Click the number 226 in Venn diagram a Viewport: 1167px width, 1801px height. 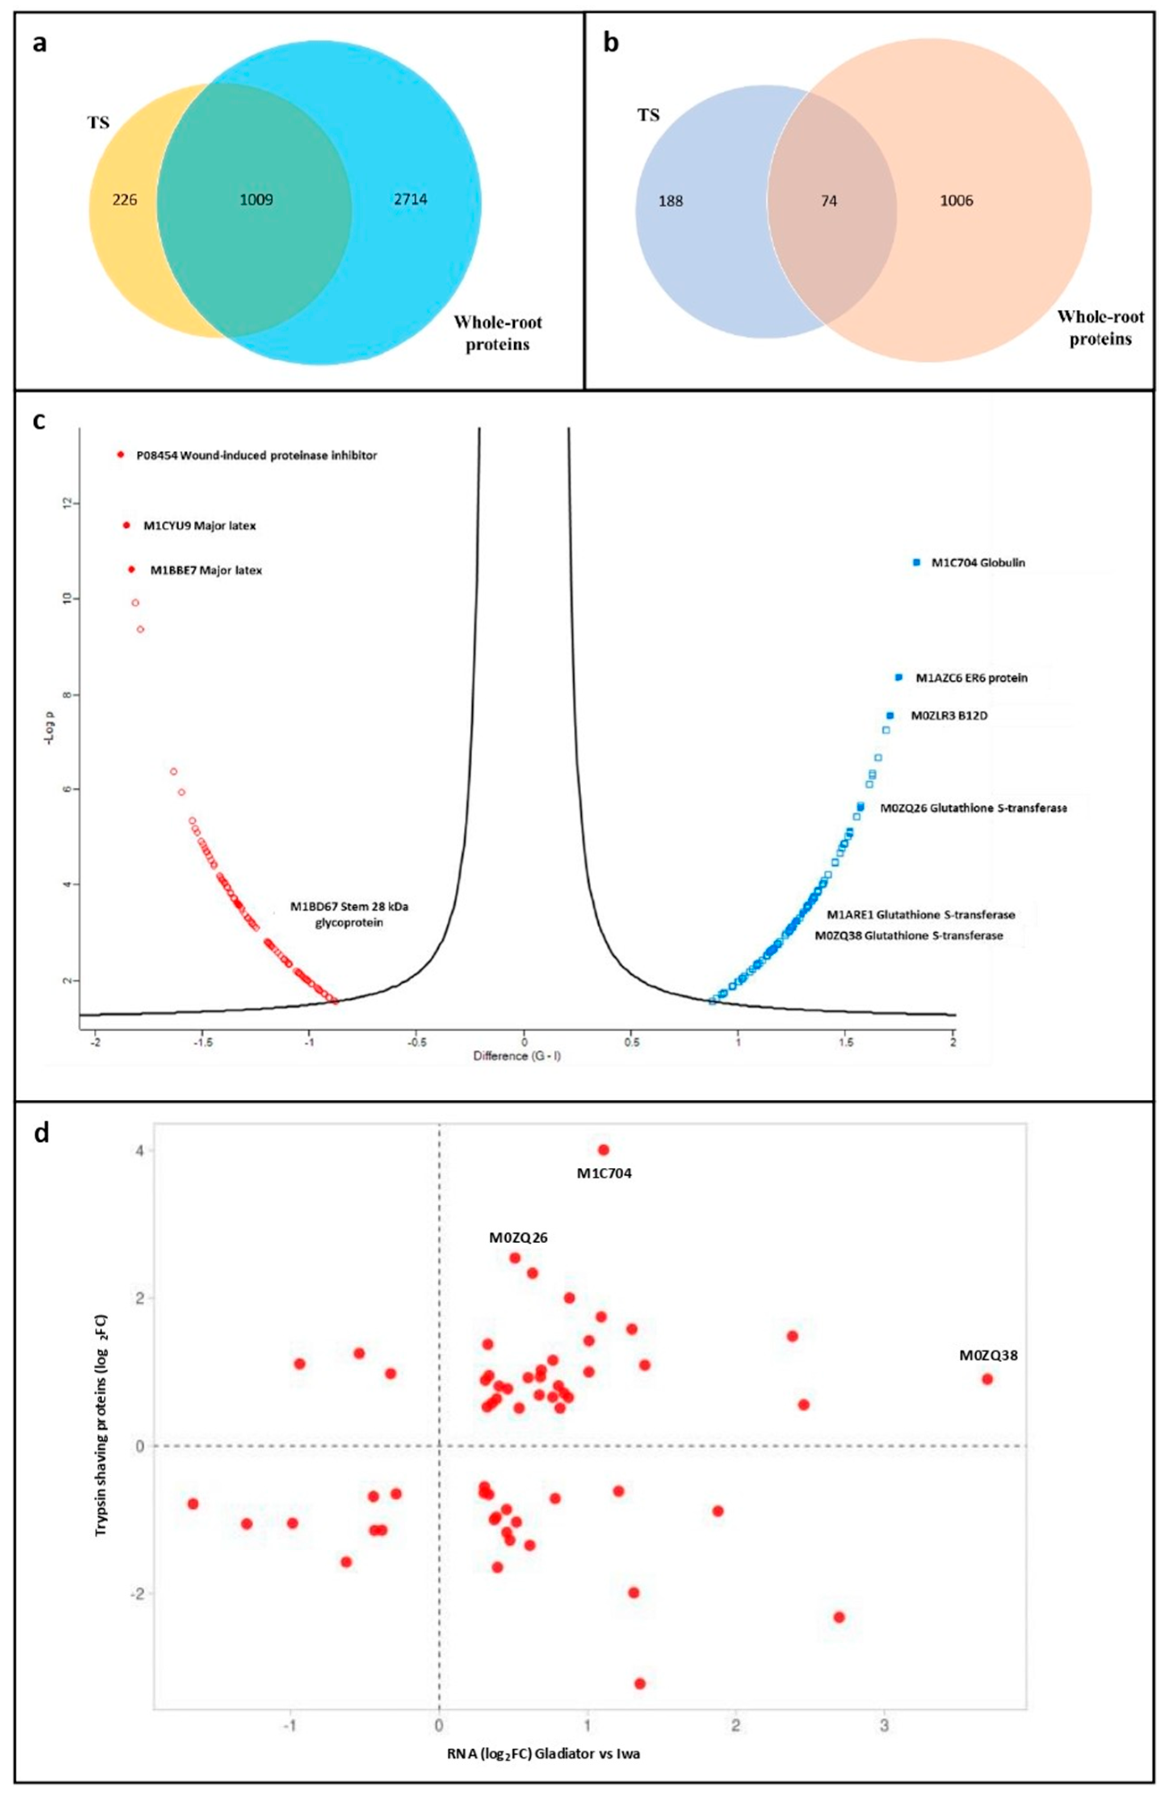tap(125, 201)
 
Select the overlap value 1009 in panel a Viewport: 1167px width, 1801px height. tap(256, 201)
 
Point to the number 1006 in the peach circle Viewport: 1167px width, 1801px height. tap(956, 201)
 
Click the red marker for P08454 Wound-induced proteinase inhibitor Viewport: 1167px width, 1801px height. tap(120, 455)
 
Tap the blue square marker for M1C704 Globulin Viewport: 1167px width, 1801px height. tap(917, 562)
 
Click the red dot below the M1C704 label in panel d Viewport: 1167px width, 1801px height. tap(604, 1149)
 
